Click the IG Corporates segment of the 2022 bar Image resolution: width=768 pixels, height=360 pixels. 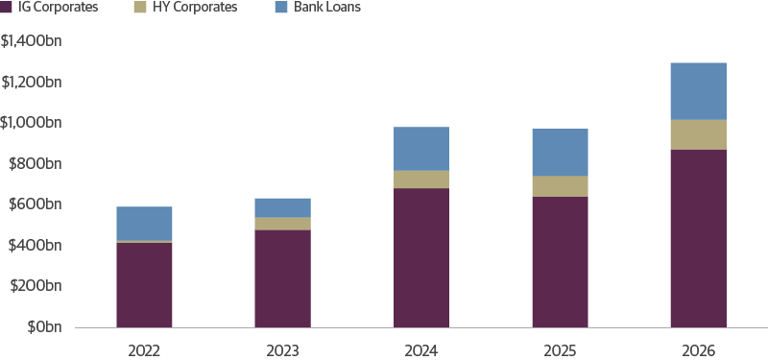tap(144, 284)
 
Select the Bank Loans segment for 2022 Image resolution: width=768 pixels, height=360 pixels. tap(144, 223)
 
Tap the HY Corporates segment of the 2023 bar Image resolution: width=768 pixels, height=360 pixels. tap(282, 224)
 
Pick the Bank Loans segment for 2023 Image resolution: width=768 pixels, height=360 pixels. tap(282, 207)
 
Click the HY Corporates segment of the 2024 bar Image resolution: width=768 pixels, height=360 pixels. tap(421, 180)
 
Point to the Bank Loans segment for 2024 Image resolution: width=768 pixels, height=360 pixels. tap(421, 149)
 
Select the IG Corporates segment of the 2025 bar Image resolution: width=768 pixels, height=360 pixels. tap(560, 261)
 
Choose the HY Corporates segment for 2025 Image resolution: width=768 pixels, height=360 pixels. tap(560, 186)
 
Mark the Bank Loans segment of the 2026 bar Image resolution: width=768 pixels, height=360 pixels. tap(698, 91)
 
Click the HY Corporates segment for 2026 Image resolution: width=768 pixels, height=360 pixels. tap(698, 134)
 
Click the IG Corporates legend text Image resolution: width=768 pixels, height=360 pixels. tap(58, 8)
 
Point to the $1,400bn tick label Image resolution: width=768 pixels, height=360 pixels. tap(32, 41)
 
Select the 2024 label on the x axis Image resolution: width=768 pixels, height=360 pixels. tap(421, 350)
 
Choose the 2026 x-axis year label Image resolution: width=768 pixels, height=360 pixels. tap(698, 350)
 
